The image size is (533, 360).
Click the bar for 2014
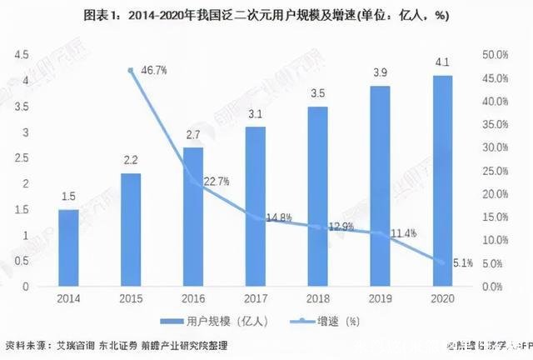click(68, 247)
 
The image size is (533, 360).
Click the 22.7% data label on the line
click(215, 181)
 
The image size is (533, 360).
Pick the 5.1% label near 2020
click(462, 263)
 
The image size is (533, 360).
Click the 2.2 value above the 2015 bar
click(131, 160)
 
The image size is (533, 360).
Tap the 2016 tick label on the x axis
click(193, 297)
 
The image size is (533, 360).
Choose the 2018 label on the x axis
click(318, 297)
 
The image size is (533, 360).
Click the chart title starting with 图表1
click(266, 13)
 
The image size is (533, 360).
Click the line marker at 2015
click(131, 70)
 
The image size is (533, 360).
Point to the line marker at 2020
click(443, 262)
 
